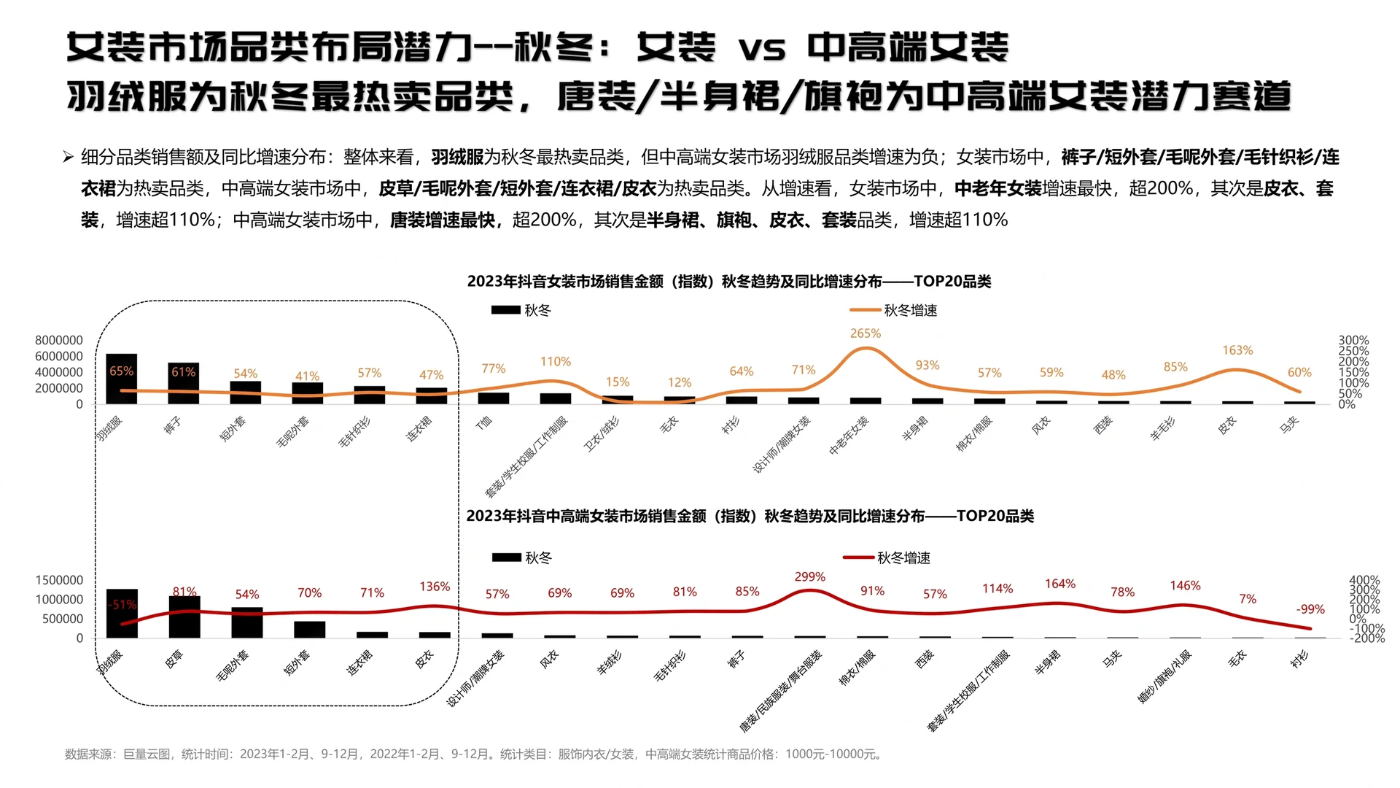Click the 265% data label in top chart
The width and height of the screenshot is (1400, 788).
865,333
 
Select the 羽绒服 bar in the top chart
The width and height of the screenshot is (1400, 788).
121,379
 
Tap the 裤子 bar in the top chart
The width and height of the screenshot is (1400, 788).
183,383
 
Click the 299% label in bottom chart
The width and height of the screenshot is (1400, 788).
809,577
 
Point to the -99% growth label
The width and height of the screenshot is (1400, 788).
1310,609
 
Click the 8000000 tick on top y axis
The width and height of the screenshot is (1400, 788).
59,340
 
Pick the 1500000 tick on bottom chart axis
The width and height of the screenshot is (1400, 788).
59,580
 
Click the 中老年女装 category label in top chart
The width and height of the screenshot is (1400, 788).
849,436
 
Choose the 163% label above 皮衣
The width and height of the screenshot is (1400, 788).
1237,351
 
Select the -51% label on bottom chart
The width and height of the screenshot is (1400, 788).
122,605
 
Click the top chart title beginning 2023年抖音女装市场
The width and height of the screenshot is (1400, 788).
728,282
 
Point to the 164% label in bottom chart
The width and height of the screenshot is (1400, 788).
1059,584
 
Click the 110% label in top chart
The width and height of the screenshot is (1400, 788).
555,362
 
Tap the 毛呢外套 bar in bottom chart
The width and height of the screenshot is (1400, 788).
247,622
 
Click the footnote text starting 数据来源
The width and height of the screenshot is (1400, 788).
474,754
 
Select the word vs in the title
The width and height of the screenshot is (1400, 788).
761,50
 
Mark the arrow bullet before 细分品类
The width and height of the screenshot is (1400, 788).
68,157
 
